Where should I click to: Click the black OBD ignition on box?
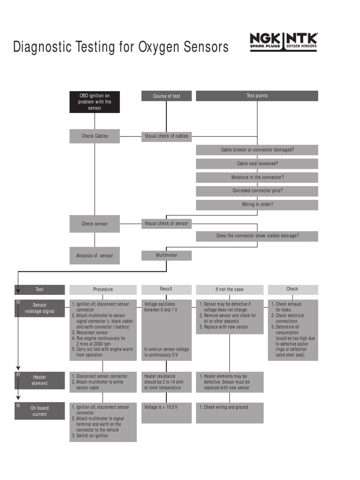(95, 102)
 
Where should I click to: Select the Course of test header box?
(166, 96)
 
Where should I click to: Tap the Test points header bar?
(257, 96)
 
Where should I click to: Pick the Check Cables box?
(95, 136)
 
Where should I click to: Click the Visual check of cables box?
(166, 136)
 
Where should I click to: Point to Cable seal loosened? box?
(257, 164)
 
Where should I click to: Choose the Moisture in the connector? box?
(257, 178)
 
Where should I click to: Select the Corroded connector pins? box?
(257, 191)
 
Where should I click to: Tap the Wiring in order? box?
(257, 204)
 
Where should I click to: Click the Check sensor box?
(95, 224)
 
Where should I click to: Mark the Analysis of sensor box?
(95, 255)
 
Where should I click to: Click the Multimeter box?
(166, 255)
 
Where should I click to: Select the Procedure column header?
(103, 289)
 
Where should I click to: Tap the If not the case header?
(229, 289)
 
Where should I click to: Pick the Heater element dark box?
(40, 380)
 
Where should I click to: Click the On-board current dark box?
(40, 411)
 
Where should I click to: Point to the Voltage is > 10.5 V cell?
(166, 412)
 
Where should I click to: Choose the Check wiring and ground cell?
(229, 412)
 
